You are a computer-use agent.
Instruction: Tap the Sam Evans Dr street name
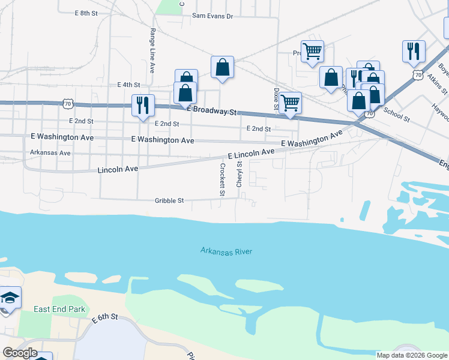212,16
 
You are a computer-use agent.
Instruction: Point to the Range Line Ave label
152,51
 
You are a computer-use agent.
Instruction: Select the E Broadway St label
212,111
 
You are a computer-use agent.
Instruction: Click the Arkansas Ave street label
50,153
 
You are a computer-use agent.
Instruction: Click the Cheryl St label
239,174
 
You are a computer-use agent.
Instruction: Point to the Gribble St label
169,201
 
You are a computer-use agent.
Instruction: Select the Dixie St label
277,100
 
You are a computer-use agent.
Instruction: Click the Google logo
20,353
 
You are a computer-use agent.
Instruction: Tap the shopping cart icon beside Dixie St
290,103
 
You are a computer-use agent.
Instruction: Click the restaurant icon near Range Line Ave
143,105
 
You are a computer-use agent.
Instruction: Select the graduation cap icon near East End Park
10,298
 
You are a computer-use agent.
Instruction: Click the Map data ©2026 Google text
412,355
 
